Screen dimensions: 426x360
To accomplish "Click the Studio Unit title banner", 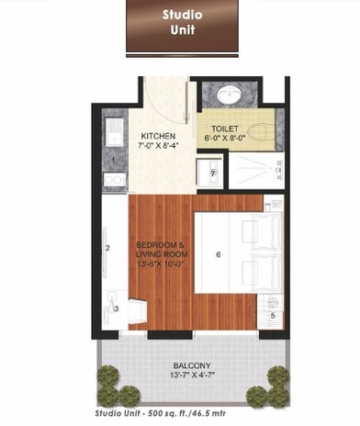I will [182, 27].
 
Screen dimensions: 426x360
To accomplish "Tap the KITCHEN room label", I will [146, 133].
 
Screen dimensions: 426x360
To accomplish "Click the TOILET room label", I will [224, 129].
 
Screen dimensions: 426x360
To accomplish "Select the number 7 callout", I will [213, 173].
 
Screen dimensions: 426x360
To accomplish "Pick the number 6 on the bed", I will [218, 254].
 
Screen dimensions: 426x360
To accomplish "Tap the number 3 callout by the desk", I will [117, 309].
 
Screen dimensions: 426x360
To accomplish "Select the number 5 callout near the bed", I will [273, 316].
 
